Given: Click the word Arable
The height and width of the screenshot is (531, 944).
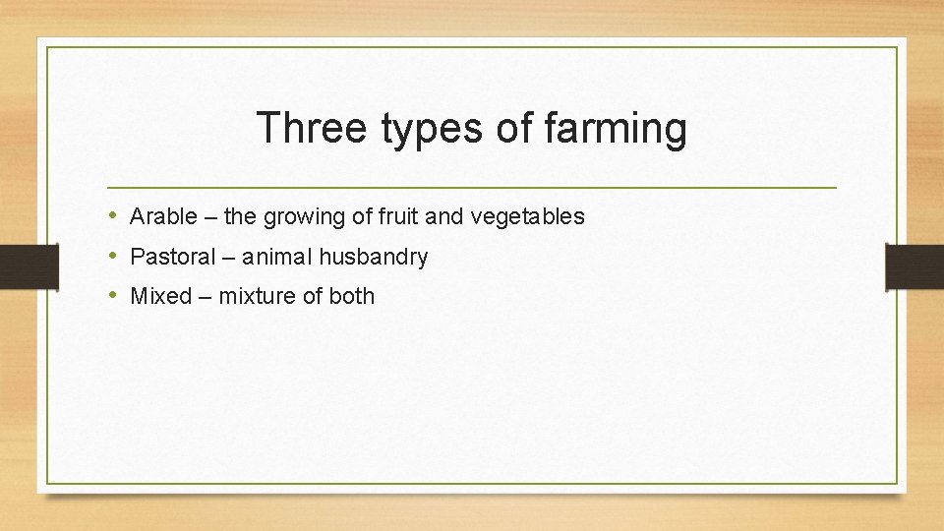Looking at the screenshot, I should [163, 216].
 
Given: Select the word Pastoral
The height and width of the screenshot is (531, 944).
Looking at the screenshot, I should [172, 258].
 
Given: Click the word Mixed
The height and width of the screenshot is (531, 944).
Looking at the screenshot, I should [160, 296].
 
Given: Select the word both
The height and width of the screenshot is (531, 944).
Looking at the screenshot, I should [351, 296].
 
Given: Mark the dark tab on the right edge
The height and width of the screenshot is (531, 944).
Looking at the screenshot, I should [914, 266].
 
